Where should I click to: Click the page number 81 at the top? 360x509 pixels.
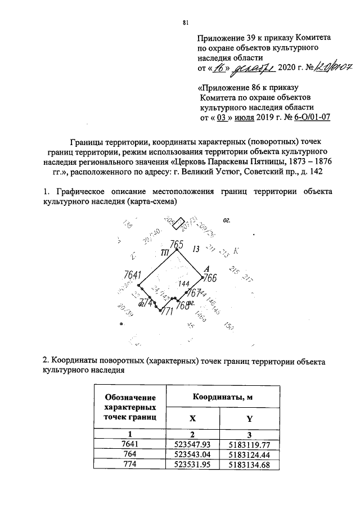[x=184, y=22]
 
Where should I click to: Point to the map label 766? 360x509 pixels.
[x=210, y=278]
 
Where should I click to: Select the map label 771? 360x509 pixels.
[x=166, y=312]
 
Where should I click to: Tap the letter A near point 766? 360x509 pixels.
[x=206, y=269]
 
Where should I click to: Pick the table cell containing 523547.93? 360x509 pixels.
[x=193, y=444]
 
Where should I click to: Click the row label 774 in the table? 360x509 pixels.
[x=130, y=465]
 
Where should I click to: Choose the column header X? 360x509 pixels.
[x=193, y=418]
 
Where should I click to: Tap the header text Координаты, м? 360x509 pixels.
[x=223, y=397]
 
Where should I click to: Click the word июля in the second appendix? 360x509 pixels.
[x=245, y=118]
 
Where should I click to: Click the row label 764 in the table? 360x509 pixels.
[x=130, y=454]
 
